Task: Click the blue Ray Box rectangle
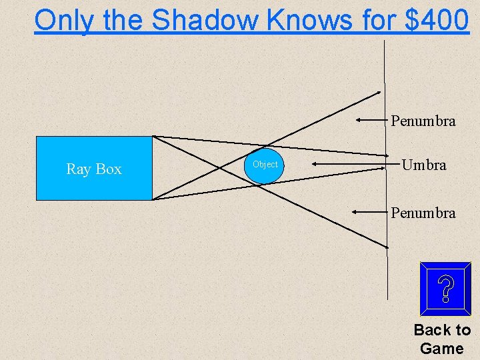pos(94,168)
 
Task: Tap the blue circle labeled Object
pos(264,165)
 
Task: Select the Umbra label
pos(424,165)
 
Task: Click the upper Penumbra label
pos(423,121)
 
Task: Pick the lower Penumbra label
pos(423,213)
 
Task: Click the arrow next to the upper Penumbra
pos(371,121)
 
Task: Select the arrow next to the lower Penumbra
pos(370,211)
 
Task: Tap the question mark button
pos(446,289)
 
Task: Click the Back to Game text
pos(442,339)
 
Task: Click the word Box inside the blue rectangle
pos(108,169)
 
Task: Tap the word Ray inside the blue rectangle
pos(79,169)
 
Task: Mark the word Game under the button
pos(442,348)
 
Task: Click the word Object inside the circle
pos(265,164)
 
